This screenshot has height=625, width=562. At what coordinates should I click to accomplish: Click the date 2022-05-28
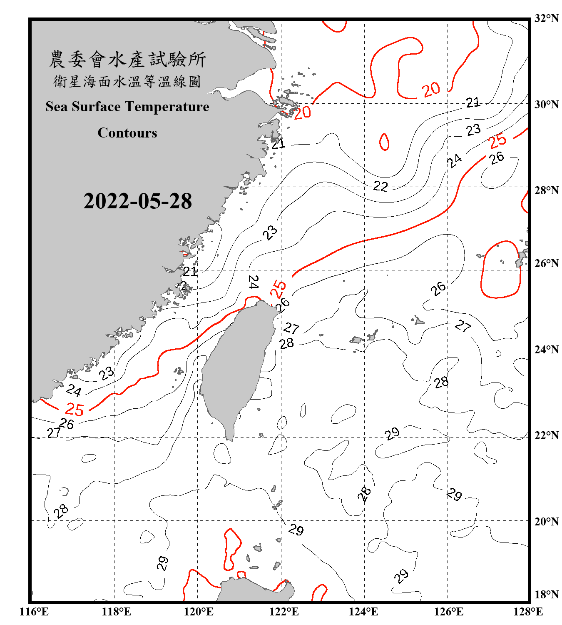[x=137, y=201]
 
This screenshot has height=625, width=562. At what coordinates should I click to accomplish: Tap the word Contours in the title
[x=127, y=133]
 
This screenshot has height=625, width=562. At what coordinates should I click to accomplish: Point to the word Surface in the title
[x=96, y=107]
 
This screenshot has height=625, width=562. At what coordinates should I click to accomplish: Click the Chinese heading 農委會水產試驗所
[x=127, y=60]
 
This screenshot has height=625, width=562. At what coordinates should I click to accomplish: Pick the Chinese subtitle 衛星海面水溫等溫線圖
[x=127, y=81]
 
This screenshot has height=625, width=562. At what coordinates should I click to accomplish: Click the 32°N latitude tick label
[x=546, y=18]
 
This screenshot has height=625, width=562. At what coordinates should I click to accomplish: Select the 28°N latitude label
[x=546, y=190]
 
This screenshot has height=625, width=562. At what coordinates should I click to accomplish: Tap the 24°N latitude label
[x=546, y=350]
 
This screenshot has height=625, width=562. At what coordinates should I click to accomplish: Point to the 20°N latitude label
[x=546, y=522]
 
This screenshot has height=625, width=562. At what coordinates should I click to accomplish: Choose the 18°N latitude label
[x=546, y=595]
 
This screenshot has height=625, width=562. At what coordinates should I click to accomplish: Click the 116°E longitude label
[x=34, y=612]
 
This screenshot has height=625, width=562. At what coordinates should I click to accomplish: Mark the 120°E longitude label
[x=199, y=612]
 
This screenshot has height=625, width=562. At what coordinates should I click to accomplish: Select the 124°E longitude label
[x=363, y=612]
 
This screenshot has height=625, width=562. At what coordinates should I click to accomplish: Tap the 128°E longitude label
[x=528, y=612]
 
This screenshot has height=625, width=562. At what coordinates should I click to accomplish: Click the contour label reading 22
[x=380, y=186]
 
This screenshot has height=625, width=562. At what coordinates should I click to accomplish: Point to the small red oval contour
[x=384, y=142]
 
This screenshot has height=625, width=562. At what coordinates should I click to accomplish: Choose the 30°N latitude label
[x=546, y=105]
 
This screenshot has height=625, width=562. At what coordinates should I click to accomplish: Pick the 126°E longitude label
[x=448, y=612]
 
